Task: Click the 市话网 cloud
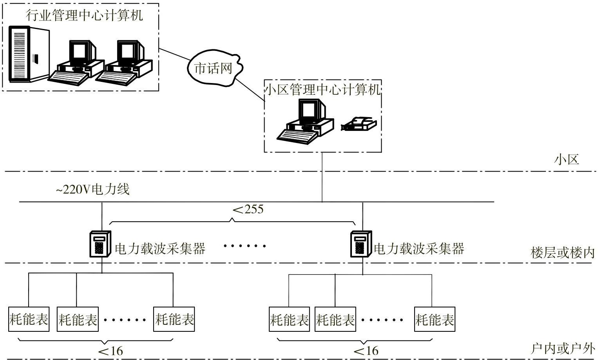(214, 68)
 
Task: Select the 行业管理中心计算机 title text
(84, 15)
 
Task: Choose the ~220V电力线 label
(92, 190)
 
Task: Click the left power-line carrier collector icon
(100, 244)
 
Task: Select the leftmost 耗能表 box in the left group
(29, 319)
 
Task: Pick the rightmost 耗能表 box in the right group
(435, 319)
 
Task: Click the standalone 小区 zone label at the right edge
(566, 159)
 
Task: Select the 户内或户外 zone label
(563, 348)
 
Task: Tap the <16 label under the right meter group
(366, 351)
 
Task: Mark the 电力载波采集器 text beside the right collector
(419, 248)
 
